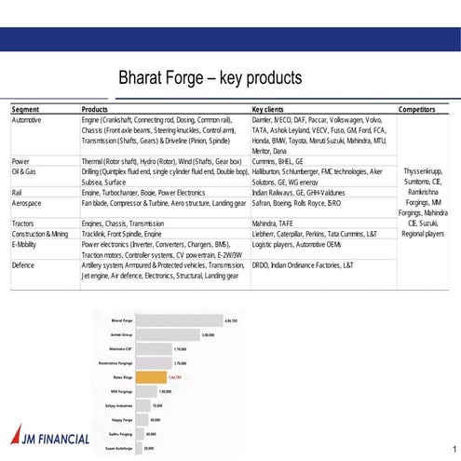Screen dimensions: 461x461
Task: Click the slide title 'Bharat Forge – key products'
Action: [x=210, y=76]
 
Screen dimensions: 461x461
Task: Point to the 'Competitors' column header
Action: [x=416, y=110]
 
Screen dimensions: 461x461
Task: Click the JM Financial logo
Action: [x=50, y=437]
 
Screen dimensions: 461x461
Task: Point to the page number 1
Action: [x=452, y=447]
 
